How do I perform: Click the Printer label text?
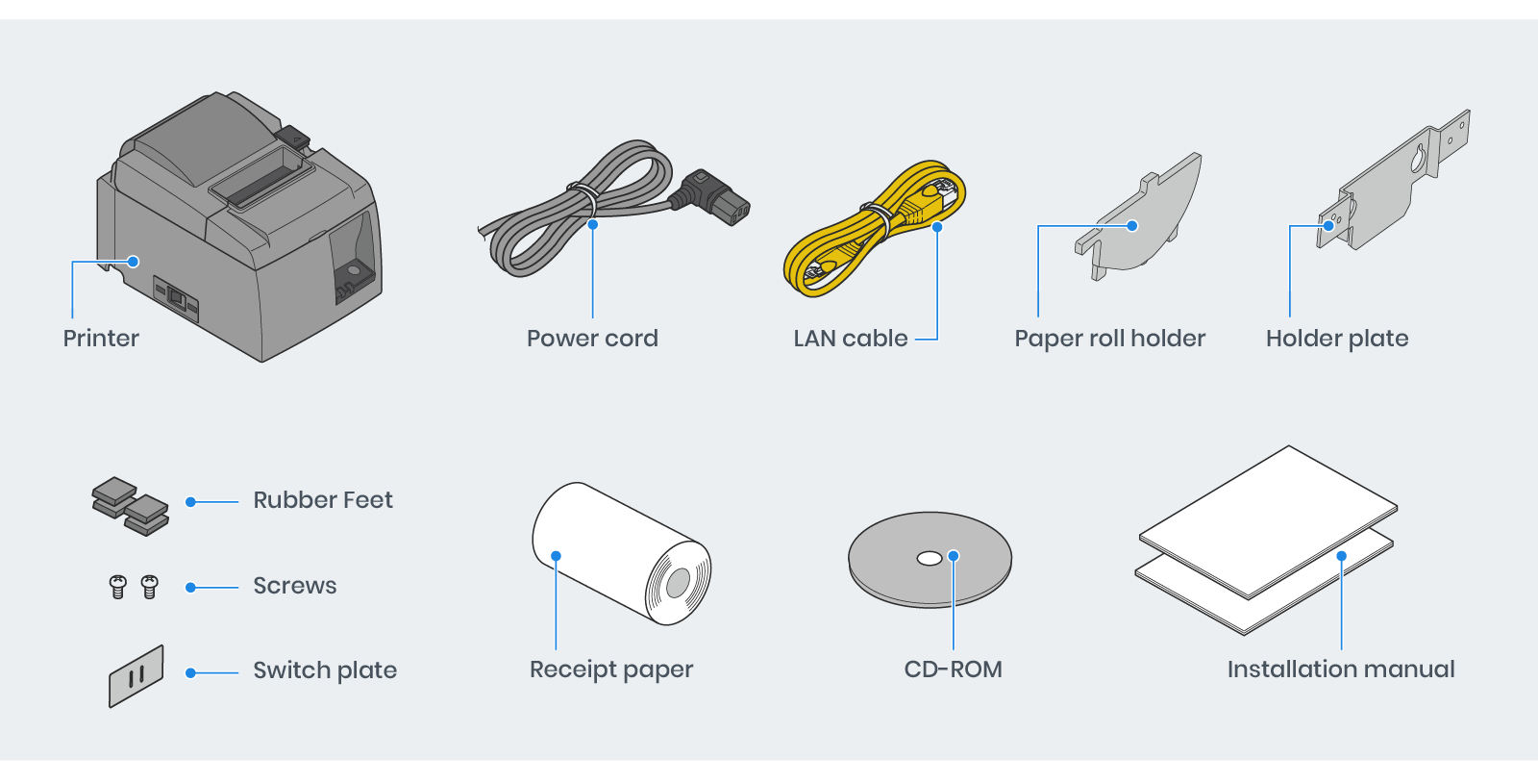101,339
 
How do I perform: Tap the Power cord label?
592,339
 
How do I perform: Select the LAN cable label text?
851,339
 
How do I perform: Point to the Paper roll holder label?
1109,339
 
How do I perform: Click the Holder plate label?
1337,339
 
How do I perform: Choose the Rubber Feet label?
323,500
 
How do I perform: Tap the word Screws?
295,586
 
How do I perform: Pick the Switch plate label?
325,670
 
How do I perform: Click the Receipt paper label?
611,669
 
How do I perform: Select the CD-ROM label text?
953,669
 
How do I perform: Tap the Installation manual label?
1341,669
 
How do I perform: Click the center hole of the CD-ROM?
930,558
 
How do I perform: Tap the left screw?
118,586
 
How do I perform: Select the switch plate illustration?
136,675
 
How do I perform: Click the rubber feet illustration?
131,505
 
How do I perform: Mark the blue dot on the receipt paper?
556,556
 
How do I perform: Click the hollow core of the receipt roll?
678,582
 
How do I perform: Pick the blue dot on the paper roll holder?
1132,226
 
